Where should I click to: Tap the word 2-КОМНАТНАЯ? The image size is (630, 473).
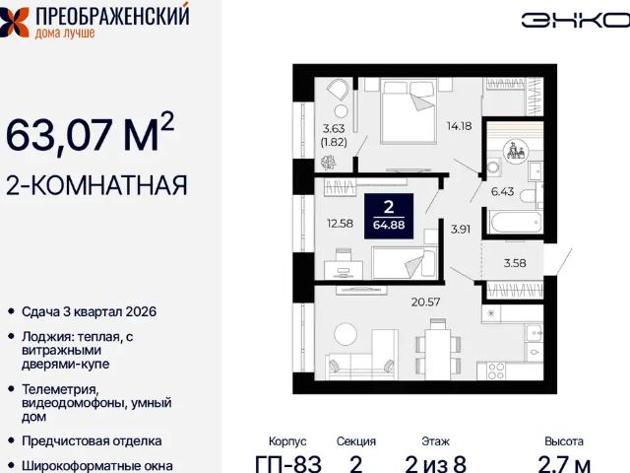(x=96, y=184)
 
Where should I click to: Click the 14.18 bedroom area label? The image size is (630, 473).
(x=459, y=126)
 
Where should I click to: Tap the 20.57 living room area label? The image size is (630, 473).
(x=426, y=301)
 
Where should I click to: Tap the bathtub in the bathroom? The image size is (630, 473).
(x=512, y=221)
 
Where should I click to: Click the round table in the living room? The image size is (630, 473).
(x=347, y=334)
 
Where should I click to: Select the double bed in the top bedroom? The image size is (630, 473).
(x=408, y=109)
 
